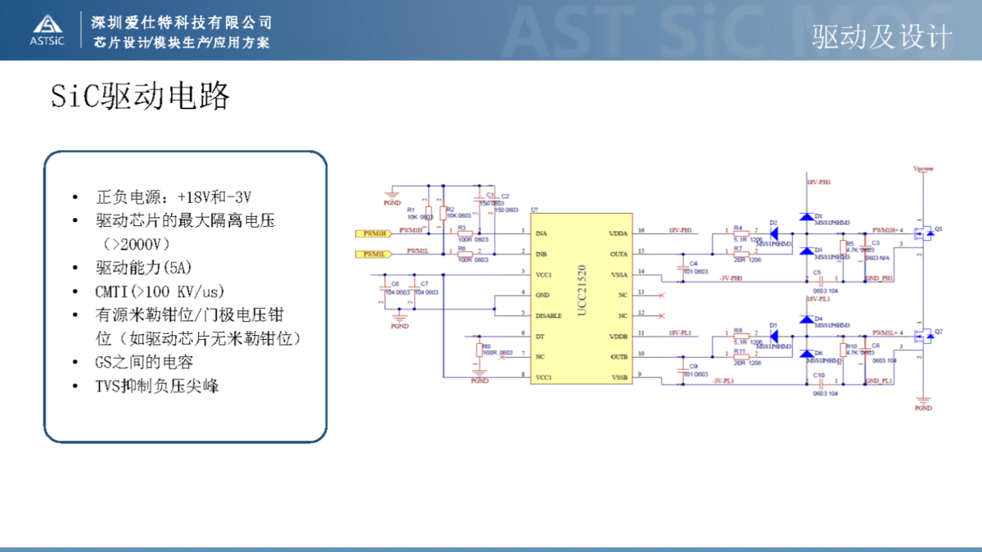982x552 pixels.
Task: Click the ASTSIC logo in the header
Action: [x=47, y=29]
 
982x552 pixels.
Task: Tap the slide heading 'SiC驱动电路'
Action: [x=140, y=97]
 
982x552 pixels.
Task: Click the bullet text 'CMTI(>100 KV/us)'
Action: [x=160, y=292]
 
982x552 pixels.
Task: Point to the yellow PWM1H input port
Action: [x=376, y=233]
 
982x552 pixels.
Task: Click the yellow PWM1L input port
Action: [x=376, y=254]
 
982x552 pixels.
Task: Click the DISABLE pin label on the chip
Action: [x=548, y=315]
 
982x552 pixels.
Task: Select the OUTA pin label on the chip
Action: [x=619, y=254]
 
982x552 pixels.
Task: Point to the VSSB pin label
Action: [x=619, y=377]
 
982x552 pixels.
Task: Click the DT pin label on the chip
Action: [x=539, y=336]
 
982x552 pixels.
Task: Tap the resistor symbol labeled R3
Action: [x=466, y=233]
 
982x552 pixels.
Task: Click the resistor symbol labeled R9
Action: [x=480, y=351]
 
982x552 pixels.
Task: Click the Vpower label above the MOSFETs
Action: [x=923, y=169]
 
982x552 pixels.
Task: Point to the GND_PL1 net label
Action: [x=879, y=382]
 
